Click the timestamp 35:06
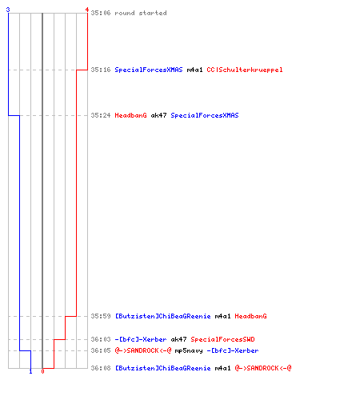(x=101, y=13)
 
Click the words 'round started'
(x=141, y=13)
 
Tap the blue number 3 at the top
(x=8, y=10)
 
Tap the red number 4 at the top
(x=87, y=10)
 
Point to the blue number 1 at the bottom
(x=30, y=371)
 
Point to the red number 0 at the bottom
(x=42, y=371)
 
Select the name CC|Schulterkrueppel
(x=245, y=70)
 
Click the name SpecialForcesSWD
(x=222, y=339)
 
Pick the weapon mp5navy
(x=189, y=350)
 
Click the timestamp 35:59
(x=101, y=316)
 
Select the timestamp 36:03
(x=101, y=339)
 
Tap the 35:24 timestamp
(x=101, y=115)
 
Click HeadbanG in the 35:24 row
(x=130, y=115)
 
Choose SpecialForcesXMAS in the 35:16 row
(x=149, y=70)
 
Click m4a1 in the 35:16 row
(x=194, y=70)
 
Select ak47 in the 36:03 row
(x=178, y=339)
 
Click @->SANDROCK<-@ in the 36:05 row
(x=143, y=350)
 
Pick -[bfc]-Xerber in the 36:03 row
(x=141, y=339)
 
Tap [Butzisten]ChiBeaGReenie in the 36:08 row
(x=162, y=368)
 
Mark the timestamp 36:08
(x=101, y=368)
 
